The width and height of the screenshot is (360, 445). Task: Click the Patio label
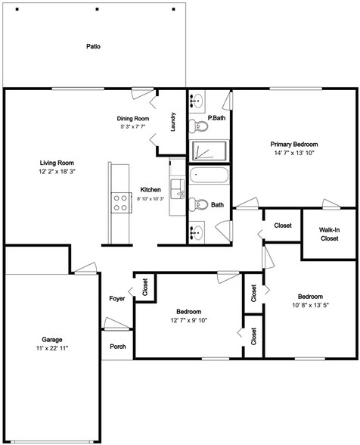(x=93, y=46)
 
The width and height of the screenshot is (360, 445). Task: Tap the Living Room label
(x=57, y=163)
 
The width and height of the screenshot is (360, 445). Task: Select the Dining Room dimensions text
(x=132, y=127)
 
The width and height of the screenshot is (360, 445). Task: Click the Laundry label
(x=173, y=123)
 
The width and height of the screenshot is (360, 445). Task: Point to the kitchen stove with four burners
(x=120, y=201)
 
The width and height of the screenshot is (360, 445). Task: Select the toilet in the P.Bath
(x=197, y=125)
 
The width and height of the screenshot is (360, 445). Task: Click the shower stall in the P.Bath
(x=209, y=150)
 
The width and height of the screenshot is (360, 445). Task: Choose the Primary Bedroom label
(x=294, y=143)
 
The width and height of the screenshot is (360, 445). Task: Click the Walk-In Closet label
(x=328, y=233)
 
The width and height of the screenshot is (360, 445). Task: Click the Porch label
(x=117, y=347)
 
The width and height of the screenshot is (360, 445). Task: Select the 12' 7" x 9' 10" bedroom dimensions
(x=188, y=320)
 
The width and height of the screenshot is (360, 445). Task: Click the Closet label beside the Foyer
(x=145, y=288)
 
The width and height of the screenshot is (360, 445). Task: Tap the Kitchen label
(x=151, y=190)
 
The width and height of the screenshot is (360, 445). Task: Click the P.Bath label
(x=217, y=118)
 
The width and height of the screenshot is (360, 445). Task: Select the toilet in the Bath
(x=197, y=204)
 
